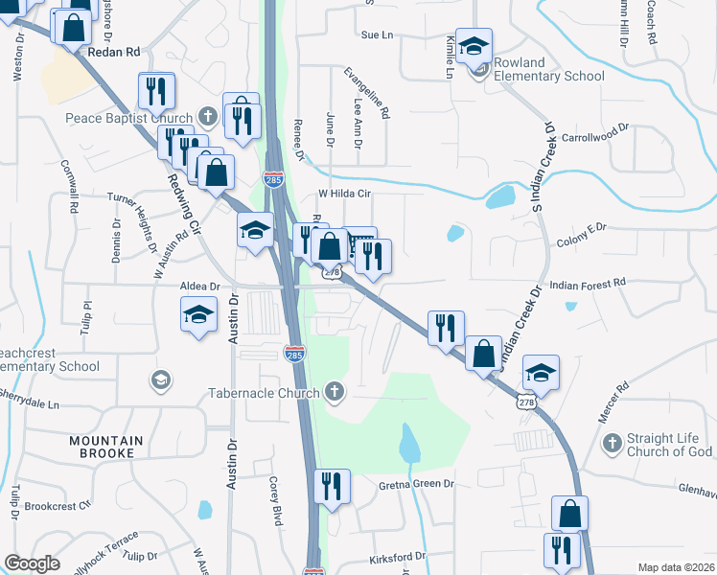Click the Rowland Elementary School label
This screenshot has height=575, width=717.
pyautogui.click(x=549, y=69)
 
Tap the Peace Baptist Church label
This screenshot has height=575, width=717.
pyautogui.click(x=129, y=118)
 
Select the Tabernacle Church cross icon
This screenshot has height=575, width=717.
pyautogui.click(x=334, y=391)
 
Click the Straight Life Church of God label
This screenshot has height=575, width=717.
pyautogui.click(x=669, y=445)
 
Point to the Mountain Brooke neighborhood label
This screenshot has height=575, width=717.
pyautogui.click(x=105, y=447)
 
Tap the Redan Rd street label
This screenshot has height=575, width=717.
pyautogui.click(x=113, y=52)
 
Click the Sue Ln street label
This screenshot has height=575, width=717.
pyautogui.click(x=377, y=35)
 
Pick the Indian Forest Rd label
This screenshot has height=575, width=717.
pyautogui.click(x=587, y=284)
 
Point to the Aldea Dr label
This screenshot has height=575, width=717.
pyautogui.click(x=200, y=286)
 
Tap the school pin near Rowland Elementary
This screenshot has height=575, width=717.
pyautogui.click(x=474, y=45)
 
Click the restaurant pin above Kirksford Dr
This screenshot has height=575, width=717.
pyautogui.click(x=331, y=485)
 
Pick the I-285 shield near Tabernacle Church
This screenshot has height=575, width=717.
pyautogui.click(x=294, y=353)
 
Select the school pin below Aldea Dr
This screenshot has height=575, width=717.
pyautogui.click(x=197, y=314)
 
